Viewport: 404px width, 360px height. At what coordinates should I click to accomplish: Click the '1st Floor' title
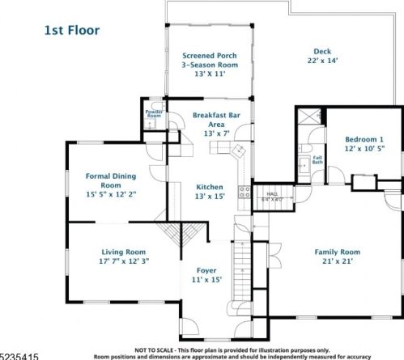(x=71, y=30)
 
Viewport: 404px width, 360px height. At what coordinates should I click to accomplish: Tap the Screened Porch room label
(x=209, y=55)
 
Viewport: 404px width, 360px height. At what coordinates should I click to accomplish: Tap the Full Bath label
(x=317, y=159)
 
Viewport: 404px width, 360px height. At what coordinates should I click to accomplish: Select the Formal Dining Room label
(x=111, y=180)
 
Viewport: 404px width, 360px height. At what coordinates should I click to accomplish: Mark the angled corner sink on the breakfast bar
(x=239, y=151)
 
